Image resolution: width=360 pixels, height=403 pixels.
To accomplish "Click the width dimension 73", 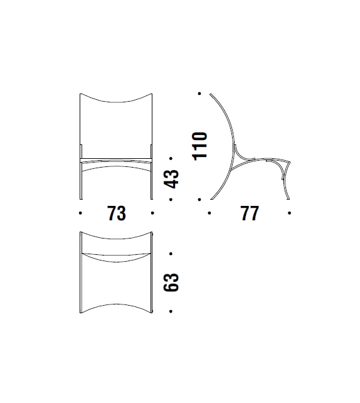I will pos(117,213).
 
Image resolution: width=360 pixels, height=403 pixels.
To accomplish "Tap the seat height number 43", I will pos(171,178).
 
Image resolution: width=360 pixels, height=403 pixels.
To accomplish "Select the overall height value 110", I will pos(200,146).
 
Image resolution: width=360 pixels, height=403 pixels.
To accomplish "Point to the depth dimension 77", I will pos(249,213).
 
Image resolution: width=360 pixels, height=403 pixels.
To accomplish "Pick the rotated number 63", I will pos(171,282).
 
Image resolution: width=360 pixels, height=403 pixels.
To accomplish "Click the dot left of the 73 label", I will pos(81,213).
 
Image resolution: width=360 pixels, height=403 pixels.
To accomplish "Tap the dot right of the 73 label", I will pos(152,213).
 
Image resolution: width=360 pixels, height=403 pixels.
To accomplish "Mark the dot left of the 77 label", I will pos(209,213).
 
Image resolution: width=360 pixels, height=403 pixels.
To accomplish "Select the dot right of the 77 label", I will pos(289,213).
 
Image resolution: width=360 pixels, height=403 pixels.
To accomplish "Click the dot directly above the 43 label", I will pos(171,158).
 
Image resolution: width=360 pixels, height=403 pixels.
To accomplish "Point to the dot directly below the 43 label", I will pos(171,199).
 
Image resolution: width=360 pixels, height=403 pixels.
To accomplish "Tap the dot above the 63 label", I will pos(171,254).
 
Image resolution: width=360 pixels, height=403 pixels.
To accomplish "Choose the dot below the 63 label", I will pos(171,311).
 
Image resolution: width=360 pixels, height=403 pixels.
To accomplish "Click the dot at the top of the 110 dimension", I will pos(199,94).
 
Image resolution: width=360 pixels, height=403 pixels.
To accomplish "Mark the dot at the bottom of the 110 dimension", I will pos(199,199).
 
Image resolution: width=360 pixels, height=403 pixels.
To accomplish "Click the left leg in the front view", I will pos(82,179).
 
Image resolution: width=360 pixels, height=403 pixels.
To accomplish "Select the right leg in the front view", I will pos(151,179).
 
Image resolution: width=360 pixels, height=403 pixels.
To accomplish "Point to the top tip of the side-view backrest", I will pos(210,94).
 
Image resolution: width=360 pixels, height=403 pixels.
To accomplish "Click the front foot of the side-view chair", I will pos(288,196).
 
